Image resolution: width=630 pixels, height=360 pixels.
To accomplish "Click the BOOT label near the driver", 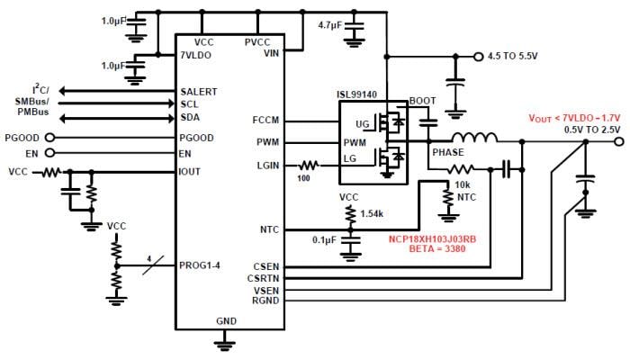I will click(x=423, y=100).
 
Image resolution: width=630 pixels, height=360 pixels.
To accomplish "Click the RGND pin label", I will click(x=266, y=301).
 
